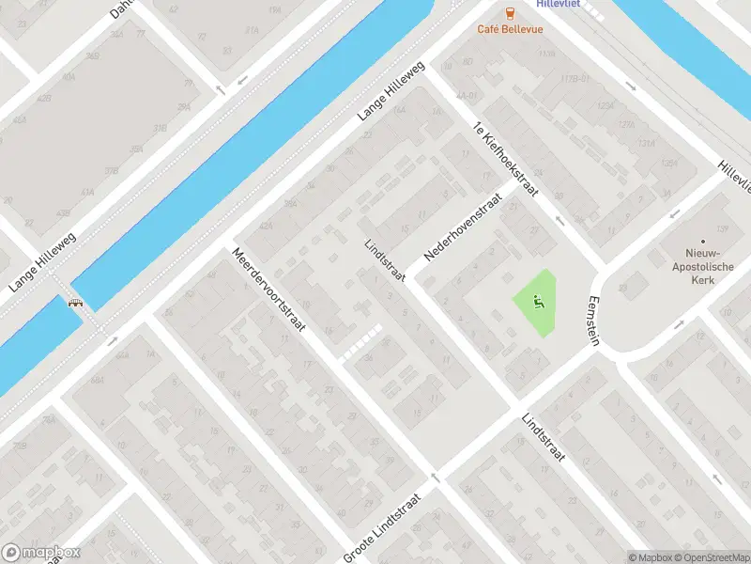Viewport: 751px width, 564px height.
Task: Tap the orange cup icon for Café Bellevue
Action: pos(509,12)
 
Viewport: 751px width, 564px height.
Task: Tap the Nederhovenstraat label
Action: pos(464,222)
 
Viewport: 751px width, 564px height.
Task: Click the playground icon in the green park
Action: pos(538,302)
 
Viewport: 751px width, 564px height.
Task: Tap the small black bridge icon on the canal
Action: pos(74,303)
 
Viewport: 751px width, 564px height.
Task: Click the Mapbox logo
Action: pos(41,553)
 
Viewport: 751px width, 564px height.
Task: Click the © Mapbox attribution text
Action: pos(647,556)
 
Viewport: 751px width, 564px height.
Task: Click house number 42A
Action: pos(266,225)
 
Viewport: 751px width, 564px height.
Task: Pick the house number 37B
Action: pos(112,171)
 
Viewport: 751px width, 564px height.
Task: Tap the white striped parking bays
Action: pos(361,342)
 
